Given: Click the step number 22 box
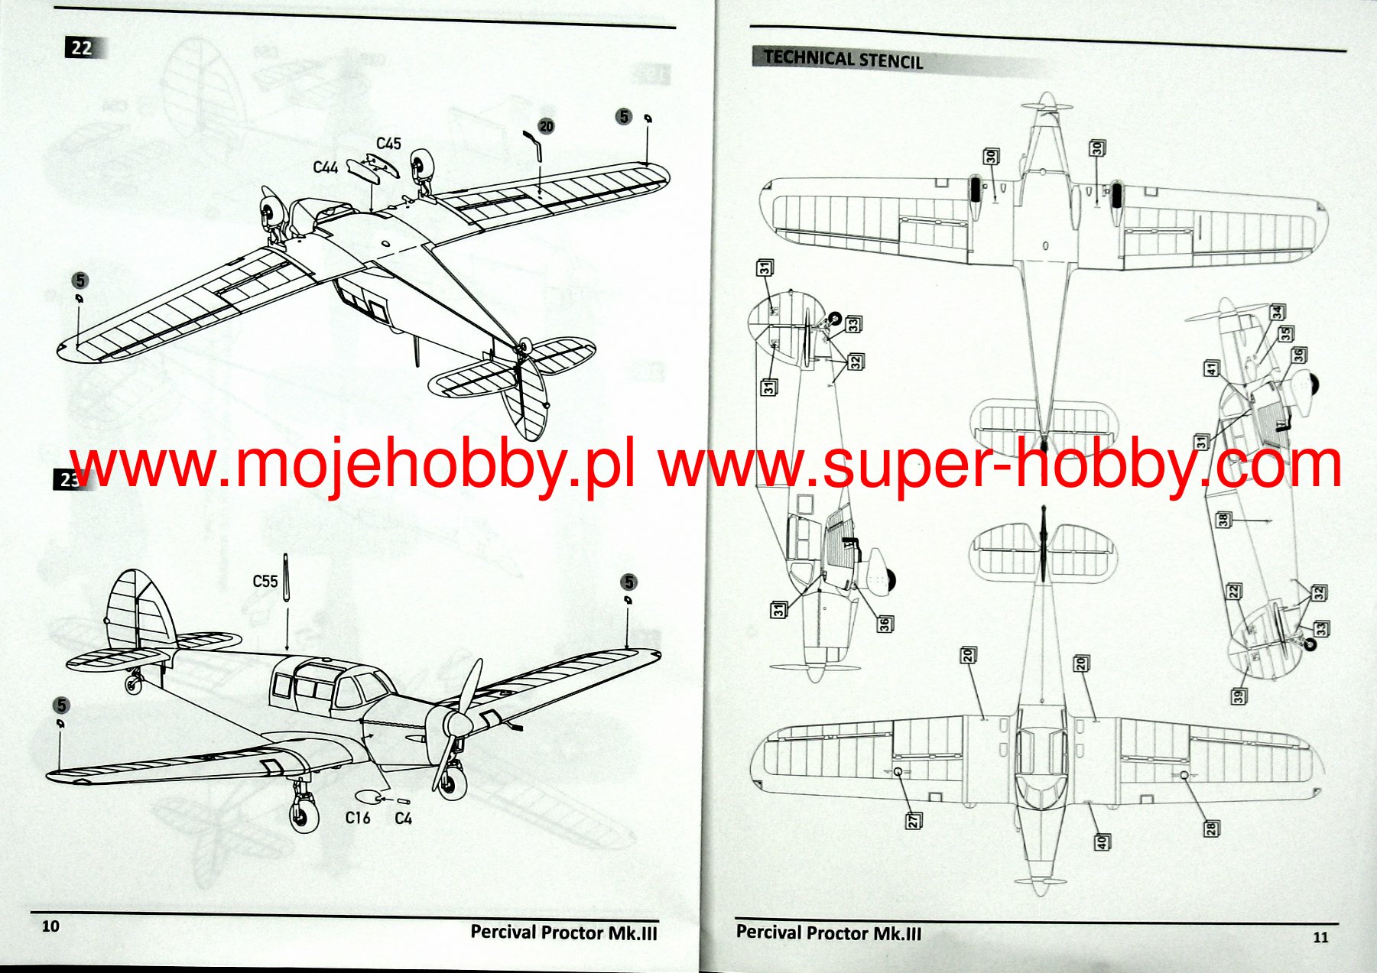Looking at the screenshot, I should pos(83,48).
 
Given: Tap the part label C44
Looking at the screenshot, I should pos(325,167).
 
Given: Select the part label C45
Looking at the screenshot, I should pos(388,144).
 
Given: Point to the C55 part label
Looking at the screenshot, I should pos(265,582).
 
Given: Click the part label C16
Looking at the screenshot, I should pos(357,818).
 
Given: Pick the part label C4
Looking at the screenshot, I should pos(404,819).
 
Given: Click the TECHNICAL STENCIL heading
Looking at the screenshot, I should pos(843,59).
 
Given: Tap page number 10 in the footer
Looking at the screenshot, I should pos(50,926).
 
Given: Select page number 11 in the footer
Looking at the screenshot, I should pos(1320,938).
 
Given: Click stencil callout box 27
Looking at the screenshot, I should pos(914,821).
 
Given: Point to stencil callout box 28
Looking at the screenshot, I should pos(1212,828).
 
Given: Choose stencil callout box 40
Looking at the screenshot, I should pos(1102,842).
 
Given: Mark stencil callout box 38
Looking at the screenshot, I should pos(1223,520).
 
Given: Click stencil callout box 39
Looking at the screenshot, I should pos(1238,696).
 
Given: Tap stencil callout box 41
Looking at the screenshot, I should pos(1211,368).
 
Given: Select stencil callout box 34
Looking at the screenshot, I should pos(1277,312).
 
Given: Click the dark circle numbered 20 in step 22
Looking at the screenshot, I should pos(546,126).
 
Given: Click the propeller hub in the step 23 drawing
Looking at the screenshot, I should pos(457,724).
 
